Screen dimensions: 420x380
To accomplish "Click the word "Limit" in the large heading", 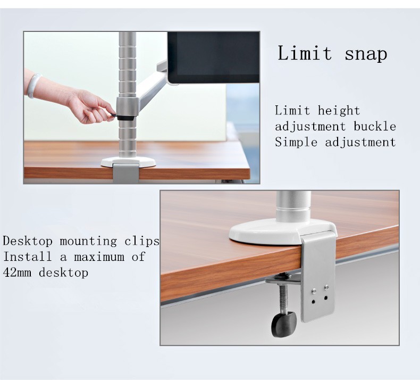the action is click(305, 53).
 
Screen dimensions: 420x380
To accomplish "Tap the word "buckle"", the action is click(375, 126).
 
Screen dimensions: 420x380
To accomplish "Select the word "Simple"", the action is click(296, 143).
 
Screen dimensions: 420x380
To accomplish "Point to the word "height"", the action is click(339, 111).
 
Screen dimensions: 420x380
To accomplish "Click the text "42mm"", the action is click(17, 272).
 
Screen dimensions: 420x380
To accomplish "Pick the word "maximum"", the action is click(99, 257).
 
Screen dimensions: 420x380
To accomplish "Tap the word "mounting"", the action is click(88, 241).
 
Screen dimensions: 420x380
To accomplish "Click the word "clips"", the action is click(142, 241).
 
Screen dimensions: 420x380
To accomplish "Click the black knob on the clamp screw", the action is click(284, 324).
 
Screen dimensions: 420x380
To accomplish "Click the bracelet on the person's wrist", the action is click(34, 86).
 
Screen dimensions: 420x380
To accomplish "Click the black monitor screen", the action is click(214, 57).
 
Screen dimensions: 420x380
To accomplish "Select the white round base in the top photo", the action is click(129, 162).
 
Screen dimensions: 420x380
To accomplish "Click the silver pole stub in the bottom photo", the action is click(293, 206).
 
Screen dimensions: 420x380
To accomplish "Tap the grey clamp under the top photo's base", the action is click(126, 174).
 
